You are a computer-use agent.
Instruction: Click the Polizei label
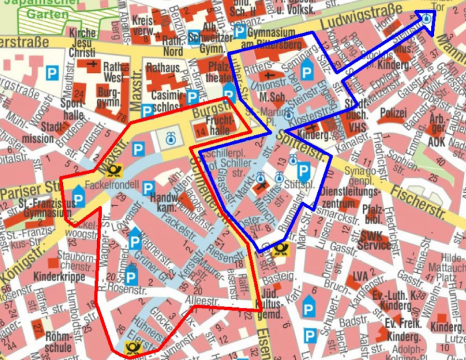(392, 114)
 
